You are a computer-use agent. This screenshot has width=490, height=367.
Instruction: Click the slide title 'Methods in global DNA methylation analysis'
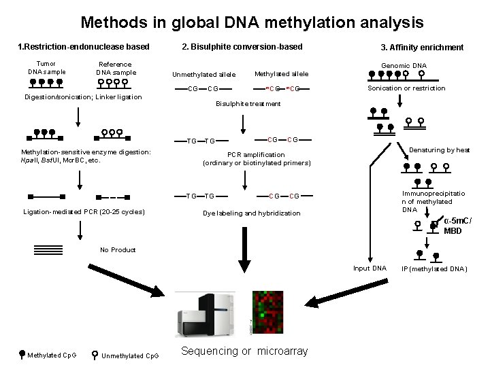point(252,22)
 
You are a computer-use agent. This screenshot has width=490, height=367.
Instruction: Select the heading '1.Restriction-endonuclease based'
point(83,47)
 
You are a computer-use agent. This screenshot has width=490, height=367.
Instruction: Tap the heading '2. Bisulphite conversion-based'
point(242,47)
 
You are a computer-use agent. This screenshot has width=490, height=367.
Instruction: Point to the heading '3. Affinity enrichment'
point(422,48)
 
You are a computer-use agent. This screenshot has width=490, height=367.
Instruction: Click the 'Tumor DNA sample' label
point(46,67)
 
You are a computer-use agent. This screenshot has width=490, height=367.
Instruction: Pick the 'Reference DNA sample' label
point(116,68)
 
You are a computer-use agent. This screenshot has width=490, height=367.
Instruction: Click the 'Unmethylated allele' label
point(203,75)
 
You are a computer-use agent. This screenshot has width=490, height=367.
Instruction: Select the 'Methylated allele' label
point(281,73)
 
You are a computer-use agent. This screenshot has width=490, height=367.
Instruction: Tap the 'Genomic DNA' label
point(404,66)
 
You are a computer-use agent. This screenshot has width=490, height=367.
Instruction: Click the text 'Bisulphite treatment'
point(248,104)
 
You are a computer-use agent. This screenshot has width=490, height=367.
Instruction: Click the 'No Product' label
point(118,250)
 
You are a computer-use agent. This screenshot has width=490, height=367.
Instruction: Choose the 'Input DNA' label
point(370,268)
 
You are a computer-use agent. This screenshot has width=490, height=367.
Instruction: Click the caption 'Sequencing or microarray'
point(244,351)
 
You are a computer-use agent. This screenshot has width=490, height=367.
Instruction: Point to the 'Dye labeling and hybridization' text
point(251,213)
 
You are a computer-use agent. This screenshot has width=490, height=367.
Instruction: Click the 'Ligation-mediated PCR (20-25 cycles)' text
point(84,212)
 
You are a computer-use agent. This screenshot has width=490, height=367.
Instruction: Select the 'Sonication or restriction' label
point(406,88)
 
